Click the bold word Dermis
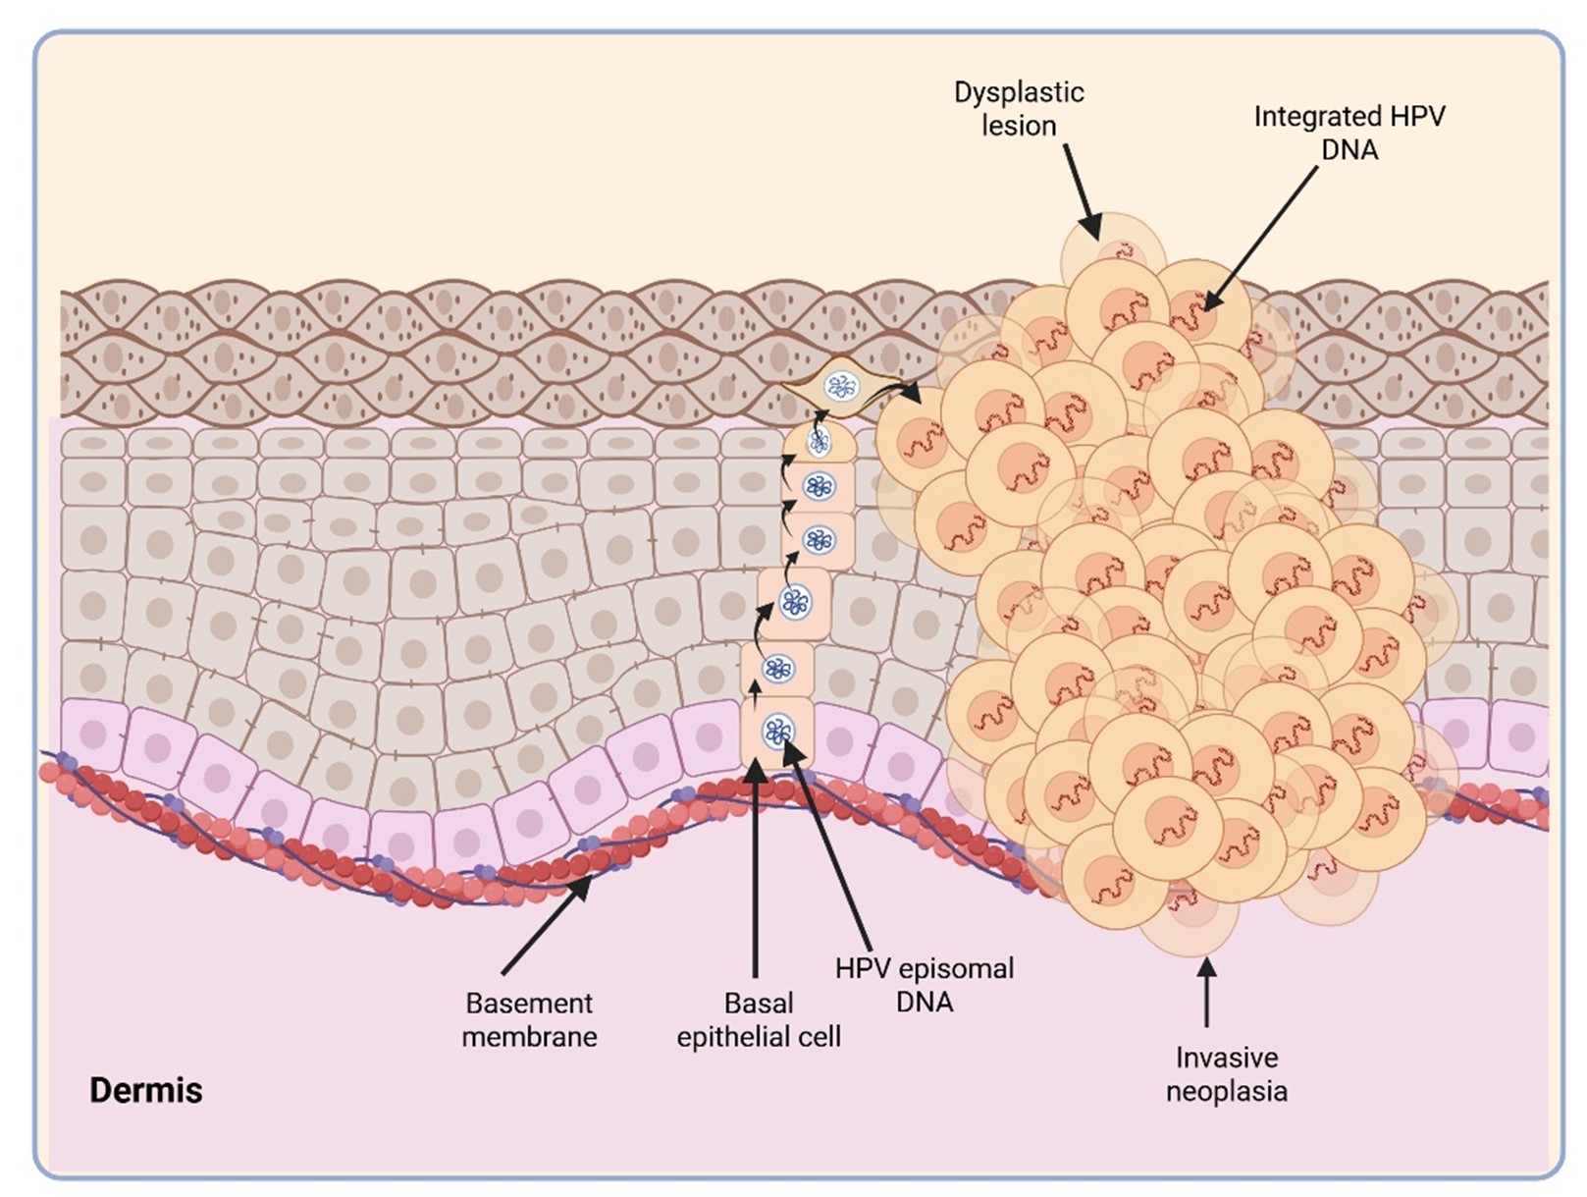145,1090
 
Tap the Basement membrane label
529,1019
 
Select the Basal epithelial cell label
758,1019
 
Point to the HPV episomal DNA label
924,984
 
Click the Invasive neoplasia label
1226,1073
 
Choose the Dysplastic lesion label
1019,109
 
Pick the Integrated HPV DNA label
1349,133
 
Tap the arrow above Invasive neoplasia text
1206,992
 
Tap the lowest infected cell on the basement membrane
777,732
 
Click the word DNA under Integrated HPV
1349,150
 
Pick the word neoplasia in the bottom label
1226,1091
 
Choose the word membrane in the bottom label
529,1037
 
